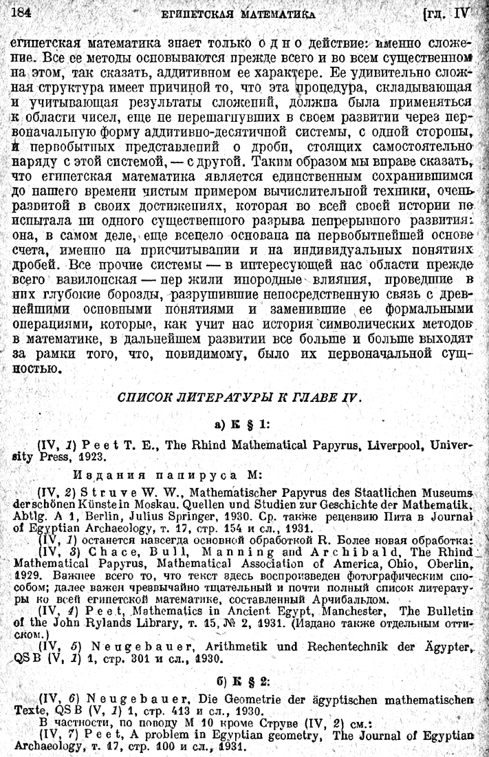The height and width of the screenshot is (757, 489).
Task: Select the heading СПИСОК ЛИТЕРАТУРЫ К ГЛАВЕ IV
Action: (239, 398)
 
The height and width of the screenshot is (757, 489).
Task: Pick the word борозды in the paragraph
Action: (133, 295)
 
